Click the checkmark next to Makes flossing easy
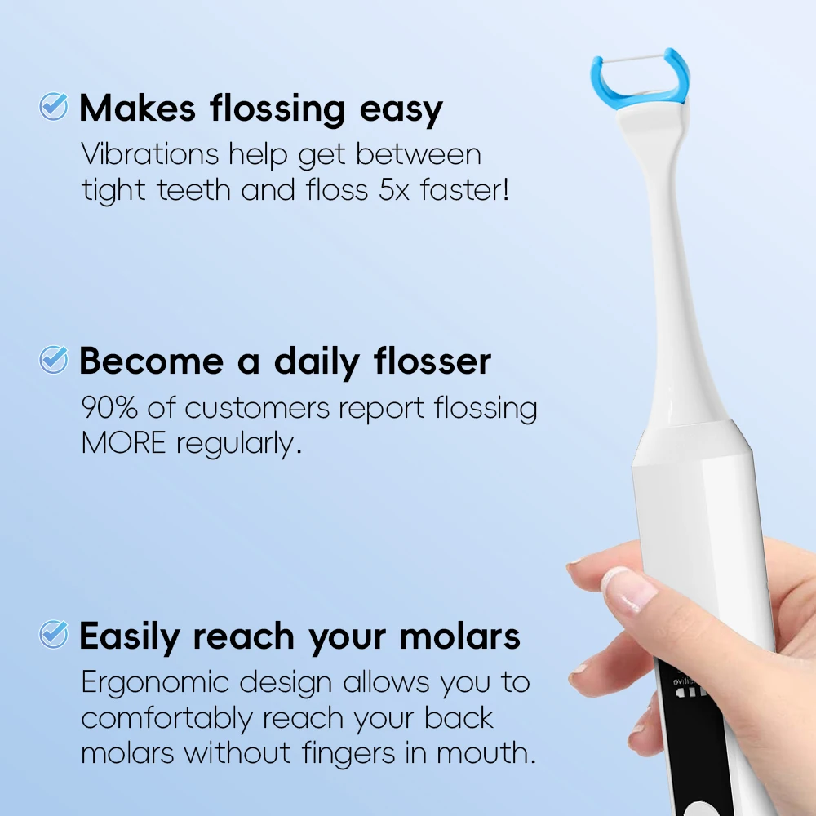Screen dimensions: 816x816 [x=54, y=106]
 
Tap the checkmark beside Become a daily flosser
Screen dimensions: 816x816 [x=54, y=359]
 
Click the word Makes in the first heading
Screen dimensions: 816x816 [x=137, y=109]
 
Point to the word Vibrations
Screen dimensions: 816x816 [x=150, y=154]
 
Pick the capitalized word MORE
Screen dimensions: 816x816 [x=123, y=443]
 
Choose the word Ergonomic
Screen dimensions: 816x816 [x=160, y=681]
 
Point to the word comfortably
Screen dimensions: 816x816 [x=166, y=718]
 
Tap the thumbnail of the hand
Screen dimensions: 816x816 [x=629, y=588]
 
